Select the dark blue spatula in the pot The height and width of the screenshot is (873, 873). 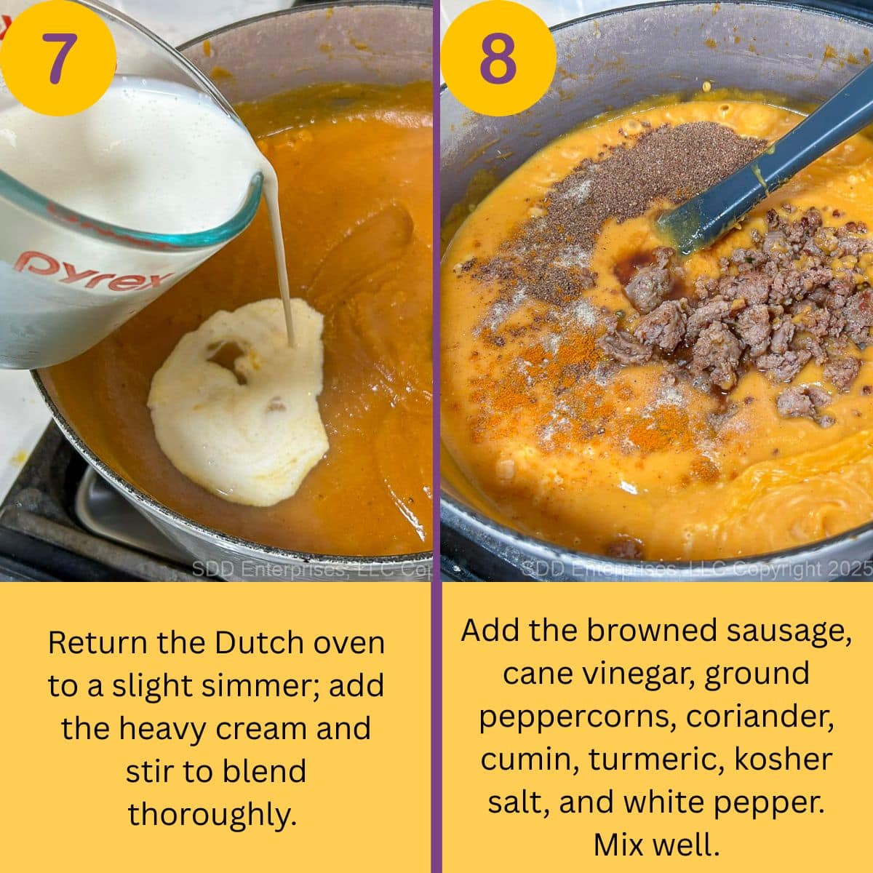click(764, 167)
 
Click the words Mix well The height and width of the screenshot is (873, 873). click(655, 845)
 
